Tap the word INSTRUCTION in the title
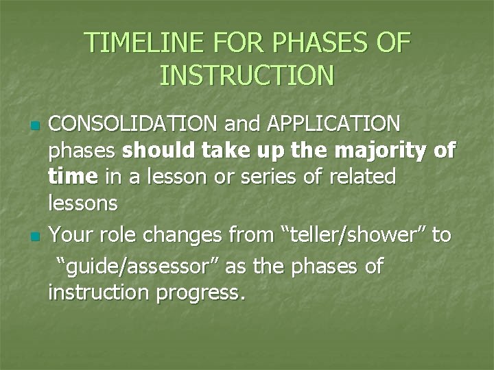pyautogui.click(x=247, y=75)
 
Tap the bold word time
pyautogui.click(x=72, y=177)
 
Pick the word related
pyautogui.click(x=361, y=177)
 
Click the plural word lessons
pyautogui.click(x=83, y=203)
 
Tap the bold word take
pyautogui.click(x=224, y=151)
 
